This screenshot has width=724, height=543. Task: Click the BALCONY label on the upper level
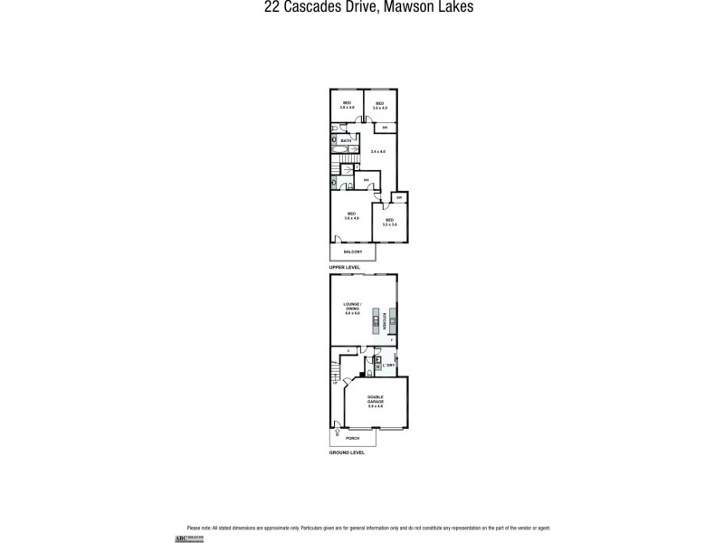352,252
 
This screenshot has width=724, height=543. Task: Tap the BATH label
346,142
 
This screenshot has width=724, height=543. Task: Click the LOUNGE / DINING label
352,307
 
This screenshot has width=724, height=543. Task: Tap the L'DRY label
389,365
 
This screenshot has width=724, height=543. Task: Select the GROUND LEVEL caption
347,452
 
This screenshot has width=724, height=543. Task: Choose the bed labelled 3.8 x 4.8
351,217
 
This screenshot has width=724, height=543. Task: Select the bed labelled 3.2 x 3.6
390,223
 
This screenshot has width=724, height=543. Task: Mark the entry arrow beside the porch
336,428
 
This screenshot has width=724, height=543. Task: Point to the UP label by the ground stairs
335,383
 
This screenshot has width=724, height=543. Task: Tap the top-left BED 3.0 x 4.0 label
346,105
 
